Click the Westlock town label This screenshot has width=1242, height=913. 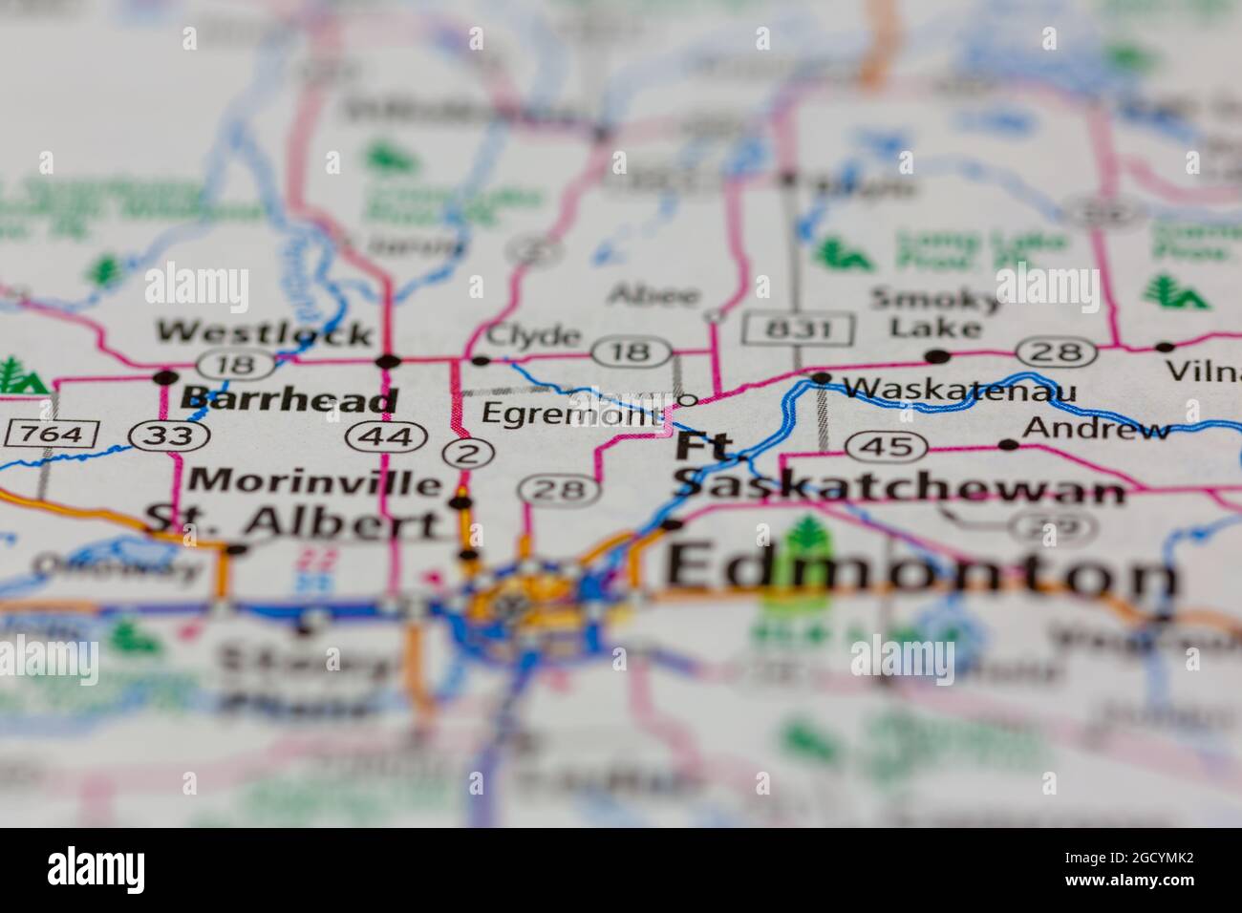coord(265,332)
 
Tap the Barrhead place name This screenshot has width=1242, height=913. coord(289,398)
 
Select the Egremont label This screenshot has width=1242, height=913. coord(571,414)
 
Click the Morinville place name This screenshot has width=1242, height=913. coord(315,480)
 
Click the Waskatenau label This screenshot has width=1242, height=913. coord(959,390)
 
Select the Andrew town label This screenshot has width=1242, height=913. coord(1096,429)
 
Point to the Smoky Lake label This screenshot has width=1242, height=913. coord(935,313)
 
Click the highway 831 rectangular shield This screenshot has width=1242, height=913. coord(799,330)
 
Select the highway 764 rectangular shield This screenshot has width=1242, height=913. coord(52,435)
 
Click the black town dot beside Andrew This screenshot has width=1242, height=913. coord(1008,444)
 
